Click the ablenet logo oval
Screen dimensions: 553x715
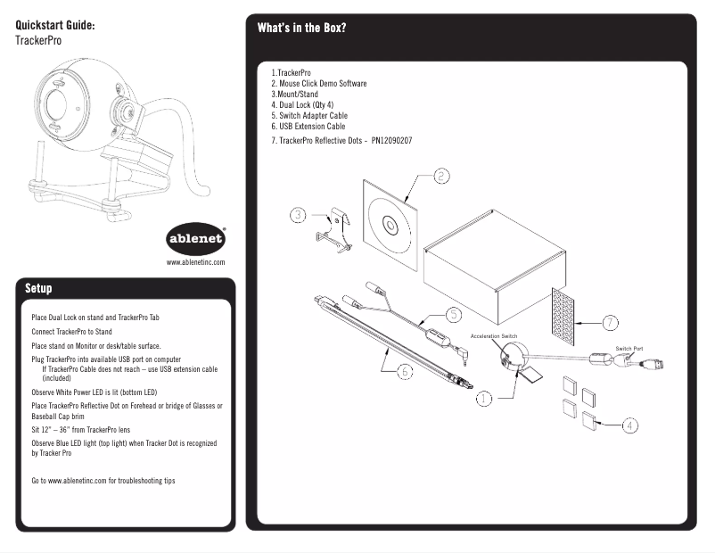pos(197,240)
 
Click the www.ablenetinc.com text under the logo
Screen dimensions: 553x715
pos(196,263)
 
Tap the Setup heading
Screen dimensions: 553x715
pos(38,289)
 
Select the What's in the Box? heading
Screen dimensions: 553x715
pos(301,28)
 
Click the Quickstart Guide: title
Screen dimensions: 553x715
pos(55,25)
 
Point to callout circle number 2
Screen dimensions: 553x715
pos(440,176)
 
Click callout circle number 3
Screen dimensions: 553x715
pos(298,214)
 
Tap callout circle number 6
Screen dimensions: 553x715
pos(404,371)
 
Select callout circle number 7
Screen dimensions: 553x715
pos(610,322)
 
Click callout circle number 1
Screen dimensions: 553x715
pos(484,399)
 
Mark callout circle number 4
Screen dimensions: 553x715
pos(629,425)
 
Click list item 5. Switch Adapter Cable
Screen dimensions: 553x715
pos(309,116)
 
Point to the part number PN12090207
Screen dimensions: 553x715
pos(391,141)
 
